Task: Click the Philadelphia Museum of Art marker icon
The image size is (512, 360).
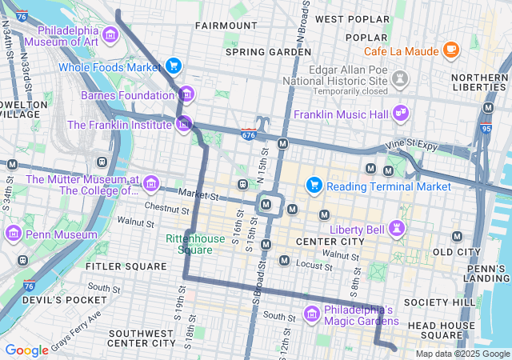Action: click(x=110, y=34)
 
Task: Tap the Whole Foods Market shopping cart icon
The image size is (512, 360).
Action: click(x=174, y=66)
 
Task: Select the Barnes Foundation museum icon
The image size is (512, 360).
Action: click(x=186, y=94)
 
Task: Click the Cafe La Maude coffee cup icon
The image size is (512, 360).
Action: click(x=451, y=50)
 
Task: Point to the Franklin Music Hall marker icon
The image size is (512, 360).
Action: click(x=401, y=114)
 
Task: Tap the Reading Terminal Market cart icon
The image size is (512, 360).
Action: click(x=314, y=186)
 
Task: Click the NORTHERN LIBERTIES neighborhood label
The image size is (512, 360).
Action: click(x=479, y=83)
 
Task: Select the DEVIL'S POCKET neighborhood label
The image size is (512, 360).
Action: click(x=53, y=300)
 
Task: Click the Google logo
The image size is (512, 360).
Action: click(x=27, y=350)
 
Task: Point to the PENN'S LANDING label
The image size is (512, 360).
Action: click(x=487, y=273)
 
